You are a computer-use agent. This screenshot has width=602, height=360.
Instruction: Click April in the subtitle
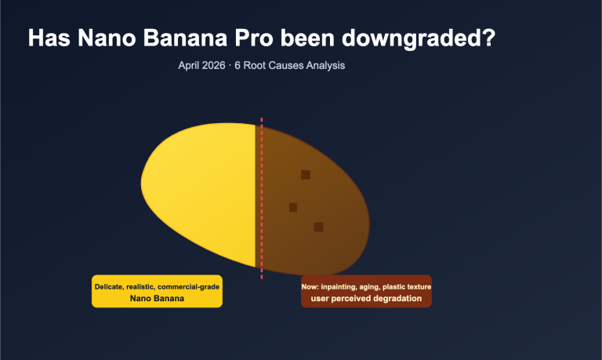191,66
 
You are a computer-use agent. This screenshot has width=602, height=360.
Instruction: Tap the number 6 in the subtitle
238,66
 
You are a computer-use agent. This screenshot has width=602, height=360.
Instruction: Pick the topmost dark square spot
306,174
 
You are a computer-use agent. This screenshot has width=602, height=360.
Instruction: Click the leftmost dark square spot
293,207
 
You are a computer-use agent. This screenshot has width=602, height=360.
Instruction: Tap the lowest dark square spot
318,227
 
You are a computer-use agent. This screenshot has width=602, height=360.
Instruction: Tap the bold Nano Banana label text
157,299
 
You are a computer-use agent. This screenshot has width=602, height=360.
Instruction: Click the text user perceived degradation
366,299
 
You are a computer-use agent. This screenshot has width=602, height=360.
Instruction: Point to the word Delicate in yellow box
111,287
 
